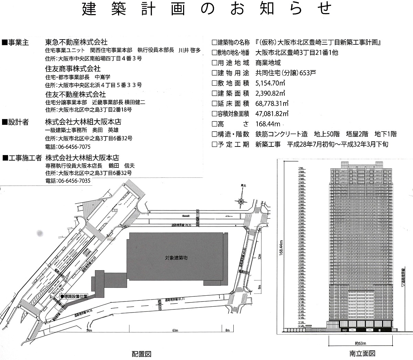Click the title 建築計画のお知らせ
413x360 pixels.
[207, 9]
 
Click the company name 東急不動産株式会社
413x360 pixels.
[76, 42]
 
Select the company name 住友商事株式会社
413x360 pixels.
[73, 68]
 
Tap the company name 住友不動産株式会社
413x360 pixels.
[76, 94]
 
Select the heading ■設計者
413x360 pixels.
[15, 122]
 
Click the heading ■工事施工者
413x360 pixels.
[22, 158]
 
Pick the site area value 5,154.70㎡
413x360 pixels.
[270, 83]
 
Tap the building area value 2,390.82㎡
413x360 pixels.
[270, 93]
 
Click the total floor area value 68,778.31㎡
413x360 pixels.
[272, 103]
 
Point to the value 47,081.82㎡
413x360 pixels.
[272, 113]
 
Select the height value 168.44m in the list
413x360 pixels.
[268, 124]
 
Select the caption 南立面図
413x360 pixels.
[362, 353]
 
